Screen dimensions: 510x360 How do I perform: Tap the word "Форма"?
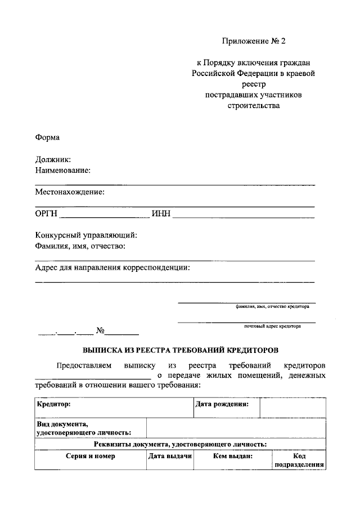(x=47, y=137)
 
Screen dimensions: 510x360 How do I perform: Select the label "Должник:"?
(x=53, y=160)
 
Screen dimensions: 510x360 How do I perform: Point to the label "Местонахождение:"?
(x=70, y=192)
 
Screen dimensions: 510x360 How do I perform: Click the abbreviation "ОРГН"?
(x=46, y=213)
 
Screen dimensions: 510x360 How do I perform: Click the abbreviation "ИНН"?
(x=160, y=213)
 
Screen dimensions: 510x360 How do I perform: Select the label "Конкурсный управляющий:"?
(x=86, y=235)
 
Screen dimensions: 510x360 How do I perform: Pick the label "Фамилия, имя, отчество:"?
(x=80, y=246)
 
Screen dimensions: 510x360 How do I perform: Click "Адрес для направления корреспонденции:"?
(x=112, y=267)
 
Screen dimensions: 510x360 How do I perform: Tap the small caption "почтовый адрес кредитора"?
(x=272, y=326)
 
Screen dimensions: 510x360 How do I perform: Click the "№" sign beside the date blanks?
(x=101, y=330)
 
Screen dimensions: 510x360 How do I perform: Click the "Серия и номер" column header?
(x=90, y=457)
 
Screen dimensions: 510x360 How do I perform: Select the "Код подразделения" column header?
(x=299, y=461)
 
